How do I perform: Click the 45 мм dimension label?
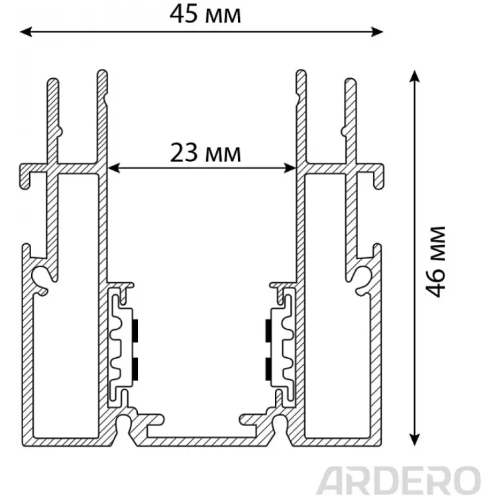pos(205,15)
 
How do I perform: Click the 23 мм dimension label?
pos(205,153)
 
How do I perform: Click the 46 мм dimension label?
pos(435,262)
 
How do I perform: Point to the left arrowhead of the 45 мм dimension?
pos(26,32)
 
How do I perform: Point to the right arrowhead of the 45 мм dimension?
pos(377,32)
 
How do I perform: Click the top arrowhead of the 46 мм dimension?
pos(415,77)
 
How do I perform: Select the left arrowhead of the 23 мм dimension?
pos(114,168)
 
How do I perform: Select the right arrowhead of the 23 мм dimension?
pos(290,168)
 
